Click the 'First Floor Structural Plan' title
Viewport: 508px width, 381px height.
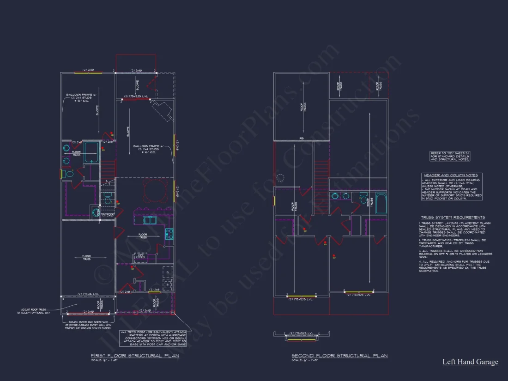point(134,356)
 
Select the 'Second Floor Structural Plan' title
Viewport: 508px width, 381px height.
point(339,356)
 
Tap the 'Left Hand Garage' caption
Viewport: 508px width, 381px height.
point(470,362)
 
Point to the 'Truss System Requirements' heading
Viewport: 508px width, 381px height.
point(453,217)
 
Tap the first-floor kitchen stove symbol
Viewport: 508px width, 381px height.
point(169,234)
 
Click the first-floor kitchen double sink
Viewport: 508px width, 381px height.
point(149,220)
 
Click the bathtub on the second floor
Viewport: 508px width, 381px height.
point(381,203)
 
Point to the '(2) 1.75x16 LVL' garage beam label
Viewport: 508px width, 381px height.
point(86,294)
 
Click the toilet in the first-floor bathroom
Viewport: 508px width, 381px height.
point(69,174)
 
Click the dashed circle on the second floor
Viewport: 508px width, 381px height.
point(281,178)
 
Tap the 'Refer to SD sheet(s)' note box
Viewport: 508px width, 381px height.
point(450,156)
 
